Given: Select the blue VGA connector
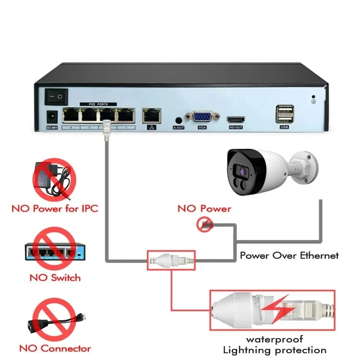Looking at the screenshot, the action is (x=202, y=117).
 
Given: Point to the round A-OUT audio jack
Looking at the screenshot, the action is (x=179, y=120).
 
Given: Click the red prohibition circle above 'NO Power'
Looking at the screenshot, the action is (x=204, y=224).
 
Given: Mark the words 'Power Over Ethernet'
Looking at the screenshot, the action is (x=289, y=255).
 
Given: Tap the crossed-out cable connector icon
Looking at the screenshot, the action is (x=54, y=321).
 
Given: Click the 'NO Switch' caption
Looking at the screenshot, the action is (x=55, y=277).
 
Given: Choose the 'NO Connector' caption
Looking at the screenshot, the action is (x=55, y=348).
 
